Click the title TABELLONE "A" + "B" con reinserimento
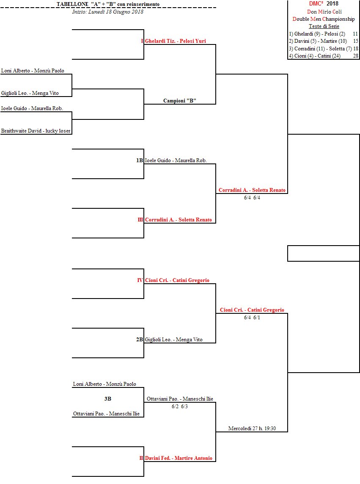point(108,4)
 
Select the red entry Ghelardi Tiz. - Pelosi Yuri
point(175,41)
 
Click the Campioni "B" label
point(180,101)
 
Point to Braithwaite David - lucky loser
point(36,131)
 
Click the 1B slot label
point(140,160)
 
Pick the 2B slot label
point(140,340)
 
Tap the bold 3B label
point(108,399)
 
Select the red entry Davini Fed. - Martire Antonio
point(178,458)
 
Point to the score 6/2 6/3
point(180,407)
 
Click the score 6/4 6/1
point(252,318)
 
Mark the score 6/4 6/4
point(252,198)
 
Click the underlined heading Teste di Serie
point(324,26)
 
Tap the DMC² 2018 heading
point(324,4)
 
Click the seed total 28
point(355,56)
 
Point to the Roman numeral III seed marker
point(140,220)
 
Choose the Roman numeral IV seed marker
point(140,280)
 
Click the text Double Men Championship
point(324,19)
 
